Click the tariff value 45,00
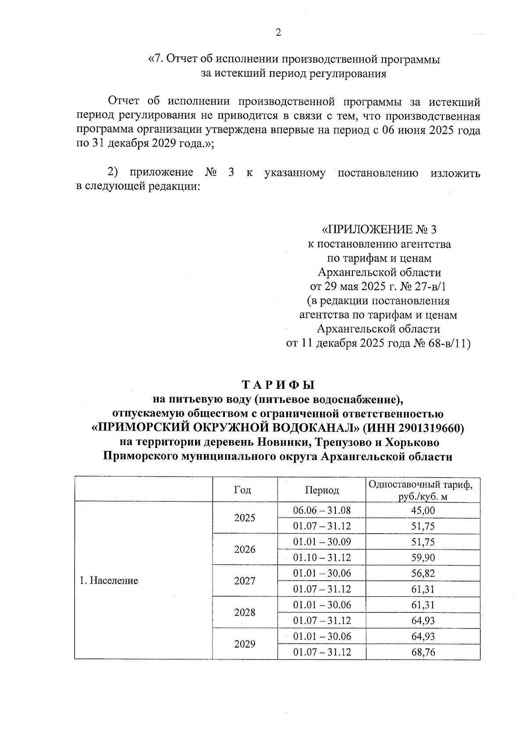tap(423, 510)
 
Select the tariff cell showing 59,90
tap(423, 557)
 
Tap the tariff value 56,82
tap(423, 573)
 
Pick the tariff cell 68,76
tap(423, 652)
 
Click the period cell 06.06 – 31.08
tap(322, 510)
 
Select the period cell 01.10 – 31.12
tap(322, 557)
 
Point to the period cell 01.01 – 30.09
tap(322, 542)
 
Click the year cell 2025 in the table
tap(245, 518)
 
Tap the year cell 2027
tap(245, 581)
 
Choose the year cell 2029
tap(245, 644)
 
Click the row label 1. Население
tap(109, 581)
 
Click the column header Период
tap(322, 490)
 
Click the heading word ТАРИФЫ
tap(278, 385)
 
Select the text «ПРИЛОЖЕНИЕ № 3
tap(379, 229)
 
